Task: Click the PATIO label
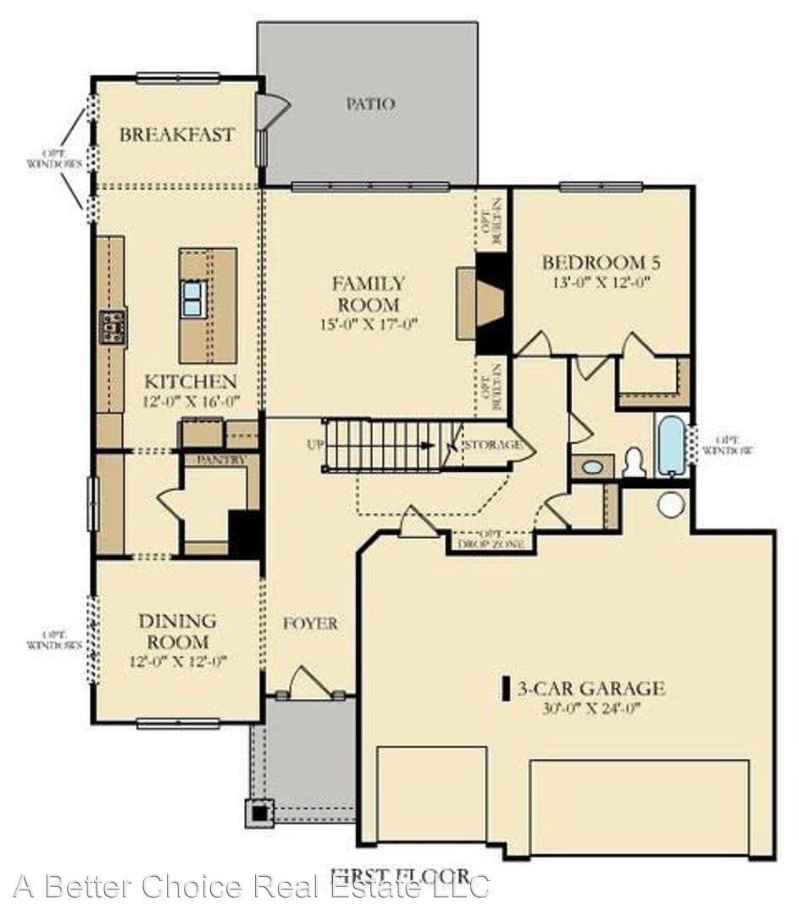370,104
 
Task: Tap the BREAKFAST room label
176,135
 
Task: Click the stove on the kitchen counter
113,326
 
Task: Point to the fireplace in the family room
486,304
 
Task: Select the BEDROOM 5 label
601,263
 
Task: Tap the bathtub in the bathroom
670,444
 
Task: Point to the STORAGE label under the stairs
492,444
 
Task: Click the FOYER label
309,624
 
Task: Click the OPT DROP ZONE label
491,539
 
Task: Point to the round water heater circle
671,504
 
